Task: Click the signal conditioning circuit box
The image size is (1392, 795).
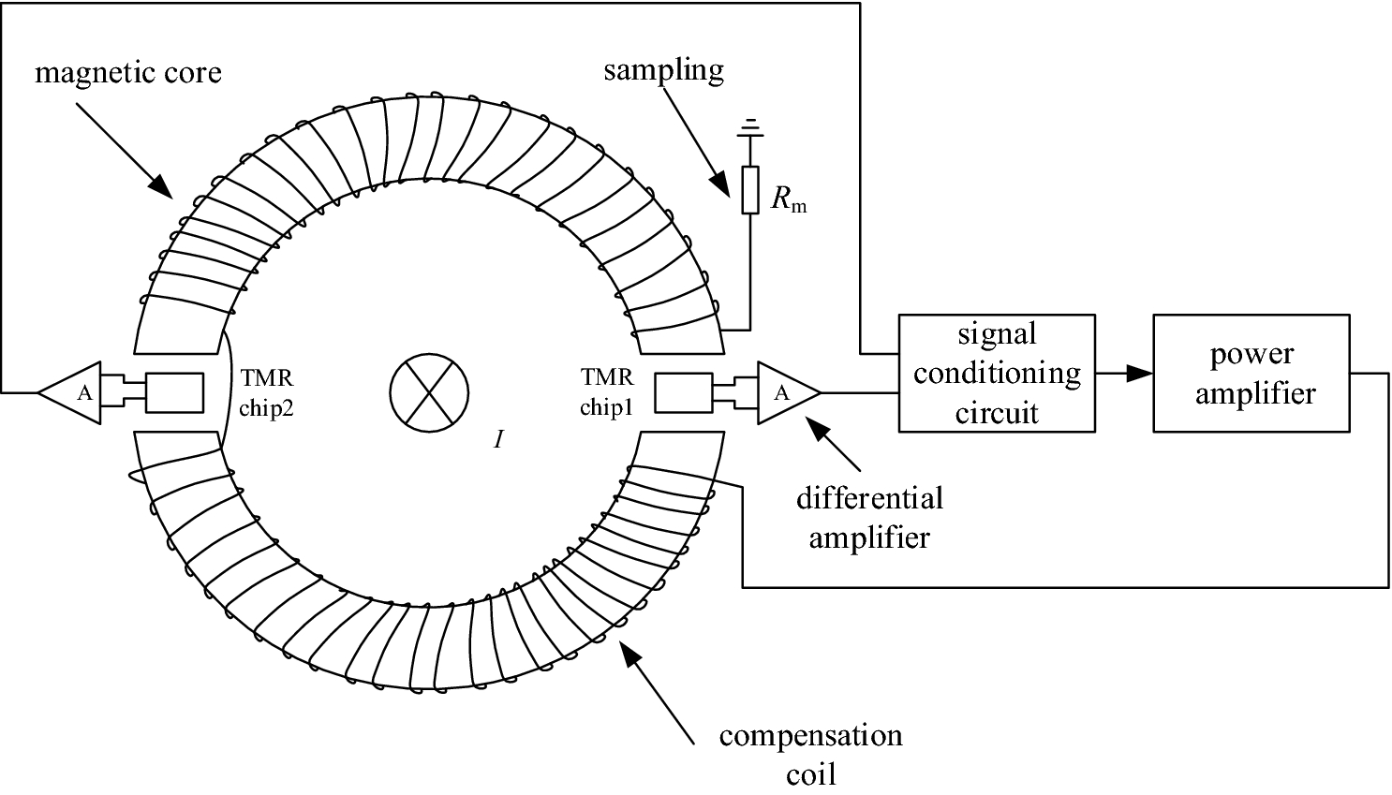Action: click(996, 373)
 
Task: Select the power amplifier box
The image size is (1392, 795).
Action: click(1251, 373)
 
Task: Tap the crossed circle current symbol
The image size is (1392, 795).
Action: click(432, 392)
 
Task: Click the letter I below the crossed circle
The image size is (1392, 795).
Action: click(499, 439)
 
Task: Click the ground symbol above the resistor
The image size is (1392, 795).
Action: click(749, 126)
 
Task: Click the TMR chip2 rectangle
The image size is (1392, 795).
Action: click(175, 392)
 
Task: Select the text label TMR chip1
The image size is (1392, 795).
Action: click(608, 393)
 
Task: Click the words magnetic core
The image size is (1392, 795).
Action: click(128, 72)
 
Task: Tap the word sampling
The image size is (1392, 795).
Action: click(663, 70)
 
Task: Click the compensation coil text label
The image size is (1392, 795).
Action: click(810, 754)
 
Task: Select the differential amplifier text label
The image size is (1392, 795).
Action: click(869, 517)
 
